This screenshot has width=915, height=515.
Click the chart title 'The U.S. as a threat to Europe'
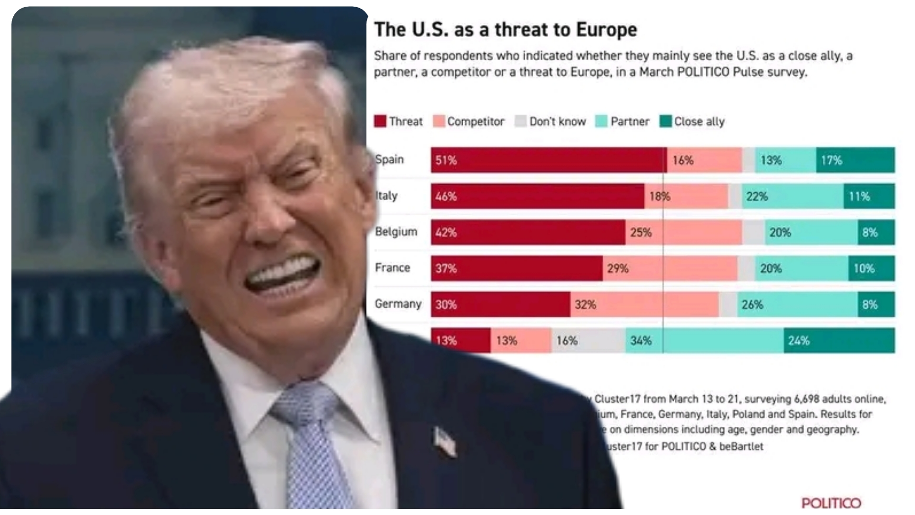(x=505, y=30)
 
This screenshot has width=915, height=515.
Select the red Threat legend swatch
(x=380, y=122)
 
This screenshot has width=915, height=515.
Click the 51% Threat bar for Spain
(x=548, y=160)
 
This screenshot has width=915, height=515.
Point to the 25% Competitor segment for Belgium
(x=683, y=233)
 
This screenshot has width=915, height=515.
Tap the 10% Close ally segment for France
(x=871, y=268)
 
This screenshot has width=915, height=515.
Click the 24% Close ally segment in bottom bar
(x=839, y=341)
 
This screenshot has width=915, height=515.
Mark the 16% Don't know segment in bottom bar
(x=588, y=341)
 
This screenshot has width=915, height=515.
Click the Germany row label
(x=398, y=304)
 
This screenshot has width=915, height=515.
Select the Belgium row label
(x=396, y=232)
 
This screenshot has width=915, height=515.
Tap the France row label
(x=392, y=268)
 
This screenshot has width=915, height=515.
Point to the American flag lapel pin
(x=444, y=441)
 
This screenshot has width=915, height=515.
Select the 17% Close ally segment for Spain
(x=855, y=160)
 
